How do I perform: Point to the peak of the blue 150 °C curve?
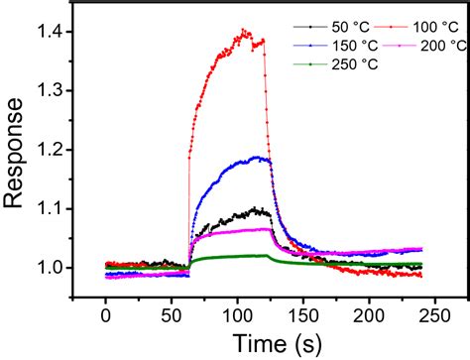point(260,157)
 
